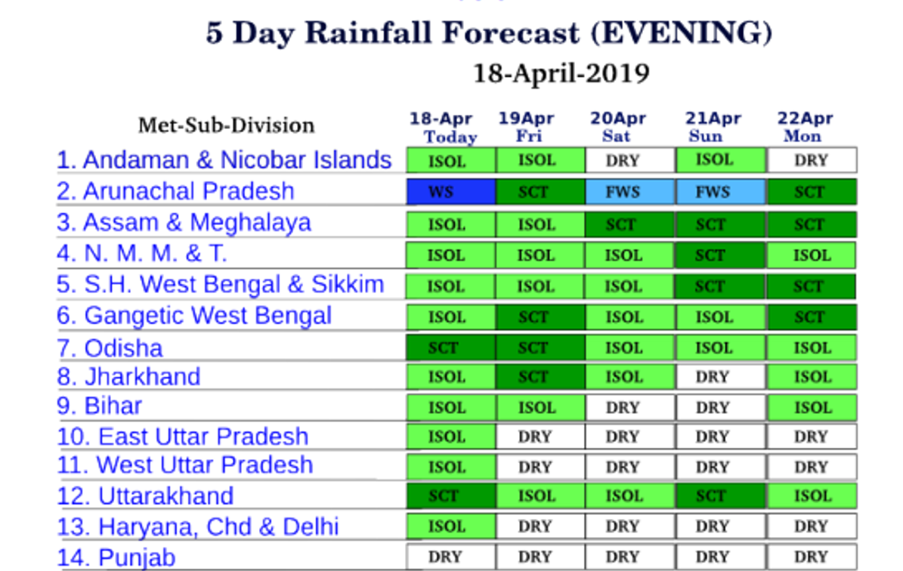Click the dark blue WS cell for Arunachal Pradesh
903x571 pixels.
click(x=451, y=192)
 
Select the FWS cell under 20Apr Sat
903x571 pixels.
click(x=630, y=192)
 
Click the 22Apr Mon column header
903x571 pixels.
click(x=805, y=127)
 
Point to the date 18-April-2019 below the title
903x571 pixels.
click(x=561, y=74)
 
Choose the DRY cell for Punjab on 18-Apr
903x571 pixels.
click(x=451, y=557)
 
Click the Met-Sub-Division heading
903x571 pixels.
click(x=227, y=125)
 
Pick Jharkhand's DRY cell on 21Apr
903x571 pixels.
click(x=720, y=377)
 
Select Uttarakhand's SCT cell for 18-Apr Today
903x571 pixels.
click(x=451, y=495)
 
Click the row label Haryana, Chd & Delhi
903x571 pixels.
click(x=197, y=527)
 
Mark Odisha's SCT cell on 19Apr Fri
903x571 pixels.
click(x=540, y=347)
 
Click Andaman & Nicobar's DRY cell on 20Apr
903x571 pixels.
click(x=630, y=160)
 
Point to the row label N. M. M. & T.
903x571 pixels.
click(x=141, y=253)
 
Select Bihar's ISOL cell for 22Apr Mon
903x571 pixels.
click(x=812, y=408)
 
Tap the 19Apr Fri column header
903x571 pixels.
click(x=527, y=127)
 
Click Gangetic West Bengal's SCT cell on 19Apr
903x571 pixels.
click(x=540, y=317)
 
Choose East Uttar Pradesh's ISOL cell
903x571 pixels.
click(x=451, y=437)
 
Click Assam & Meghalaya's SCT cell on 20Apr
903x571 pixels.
click(x=630, y=224)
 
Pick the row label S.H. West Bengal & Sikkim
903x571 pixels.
click(x=220, y=285)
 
